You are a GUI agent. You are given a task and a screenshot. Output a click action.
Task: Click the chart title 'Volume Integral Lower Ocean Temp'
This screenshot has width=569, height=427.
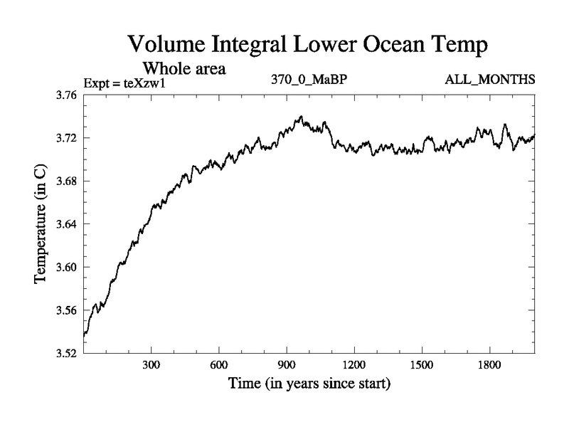pos(308,45)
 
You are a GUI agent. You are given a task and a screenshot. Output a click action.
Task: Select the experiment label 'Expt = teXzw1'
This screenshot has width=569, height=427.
pos(129,83)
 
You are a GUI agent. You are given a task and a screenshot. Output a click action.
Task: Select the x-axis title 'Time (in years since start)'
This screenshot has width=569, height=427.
pos(309,384)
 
